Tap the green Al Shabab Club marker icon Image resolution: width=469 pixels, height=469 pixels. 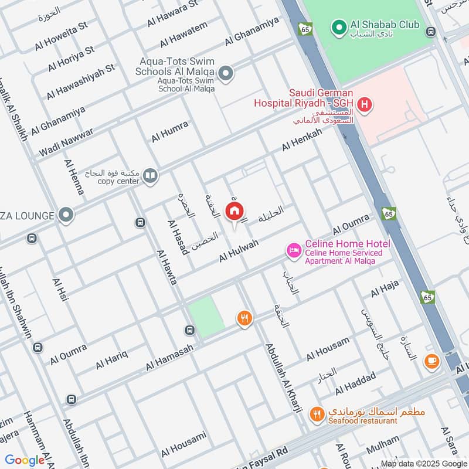coord(338,26)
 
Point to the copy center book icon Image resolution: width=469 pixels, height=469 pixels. coord(151,176)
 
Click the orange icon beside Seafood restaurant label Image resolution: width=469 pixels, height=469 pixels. coord(317,414)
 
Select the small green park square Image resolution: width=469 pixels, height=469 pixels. coord(206,317)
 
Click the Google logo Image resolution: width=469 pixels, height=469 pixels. coord(25,460)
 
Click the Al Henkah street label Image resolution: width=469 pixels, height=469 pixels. coord(302,140)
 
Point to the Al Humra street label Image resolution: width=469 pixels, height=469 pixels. coord(170,131)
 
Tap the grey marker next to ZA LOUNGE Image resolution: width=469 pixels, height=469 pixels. coord(66,215)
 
